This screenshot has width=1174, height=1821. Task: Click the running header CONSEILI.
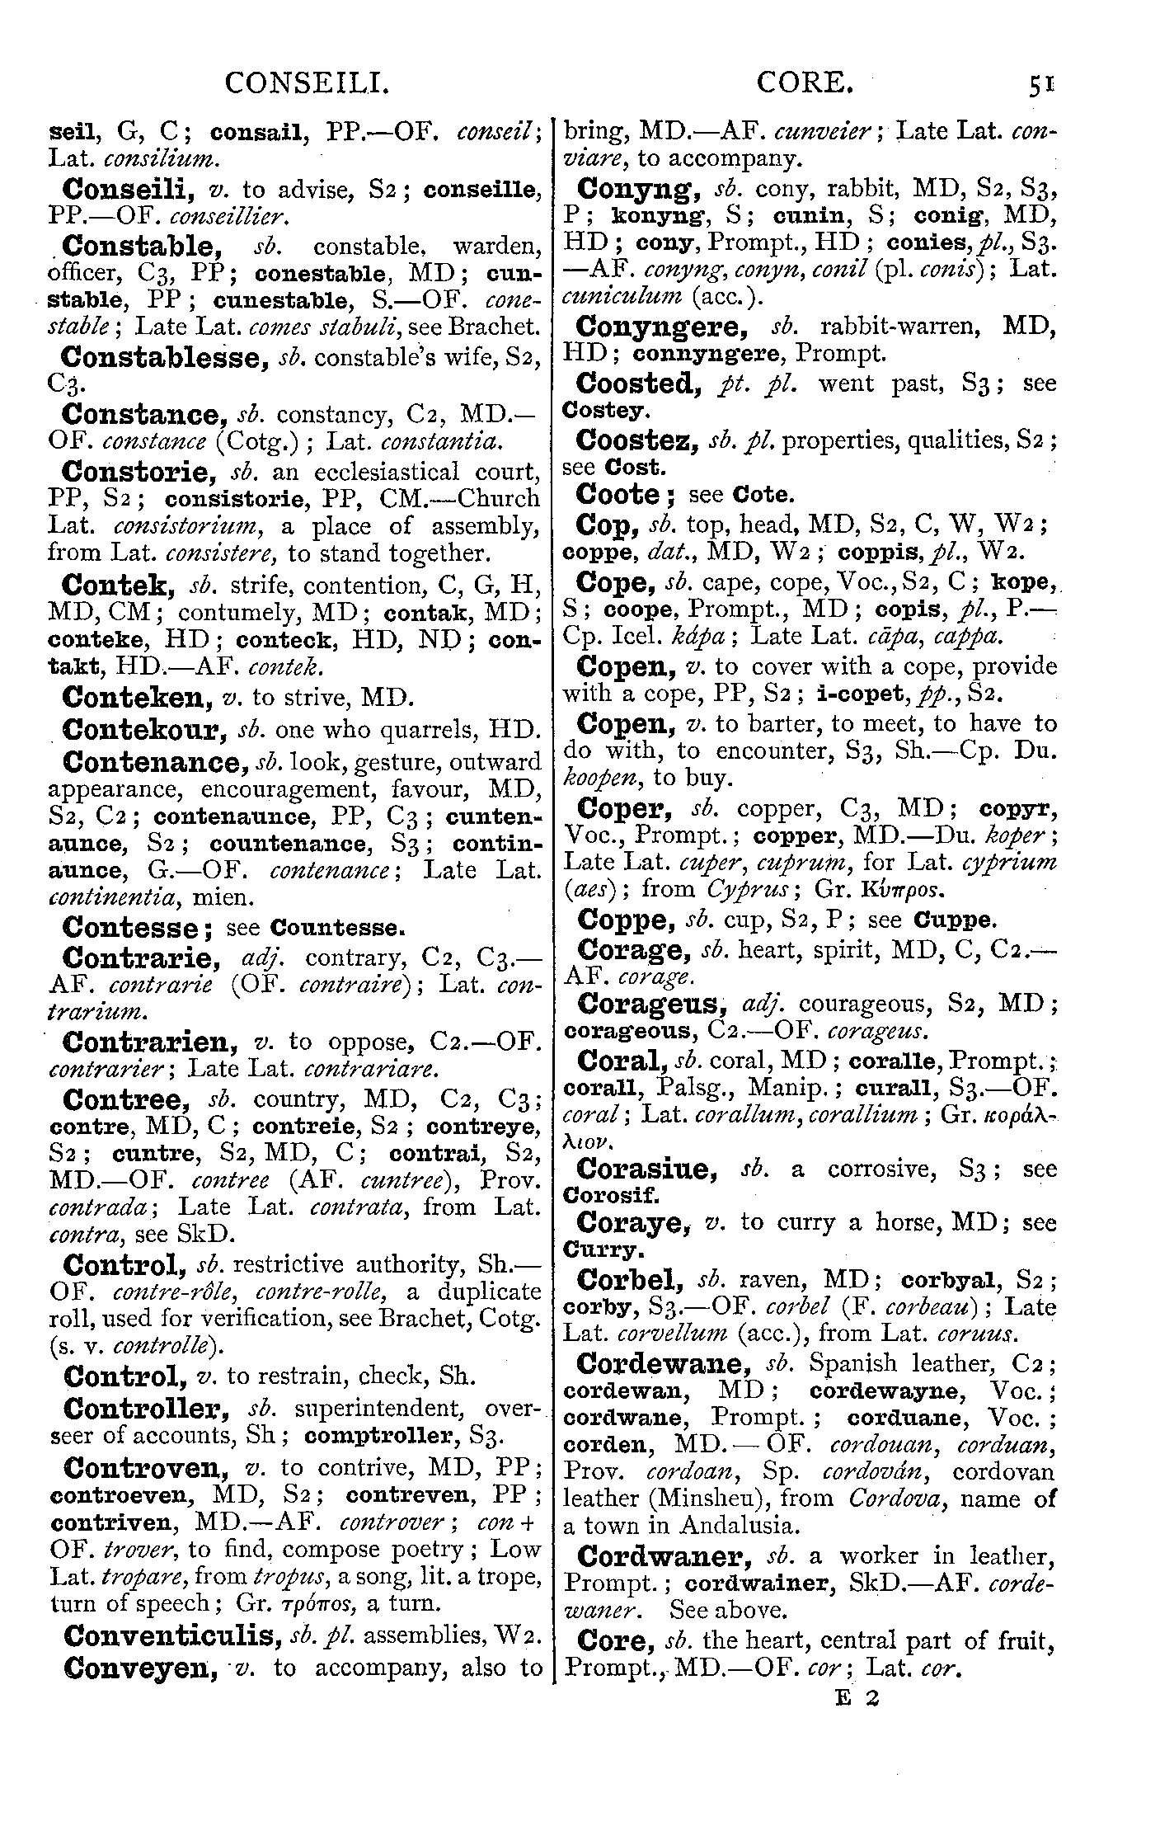pos(307,82)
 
